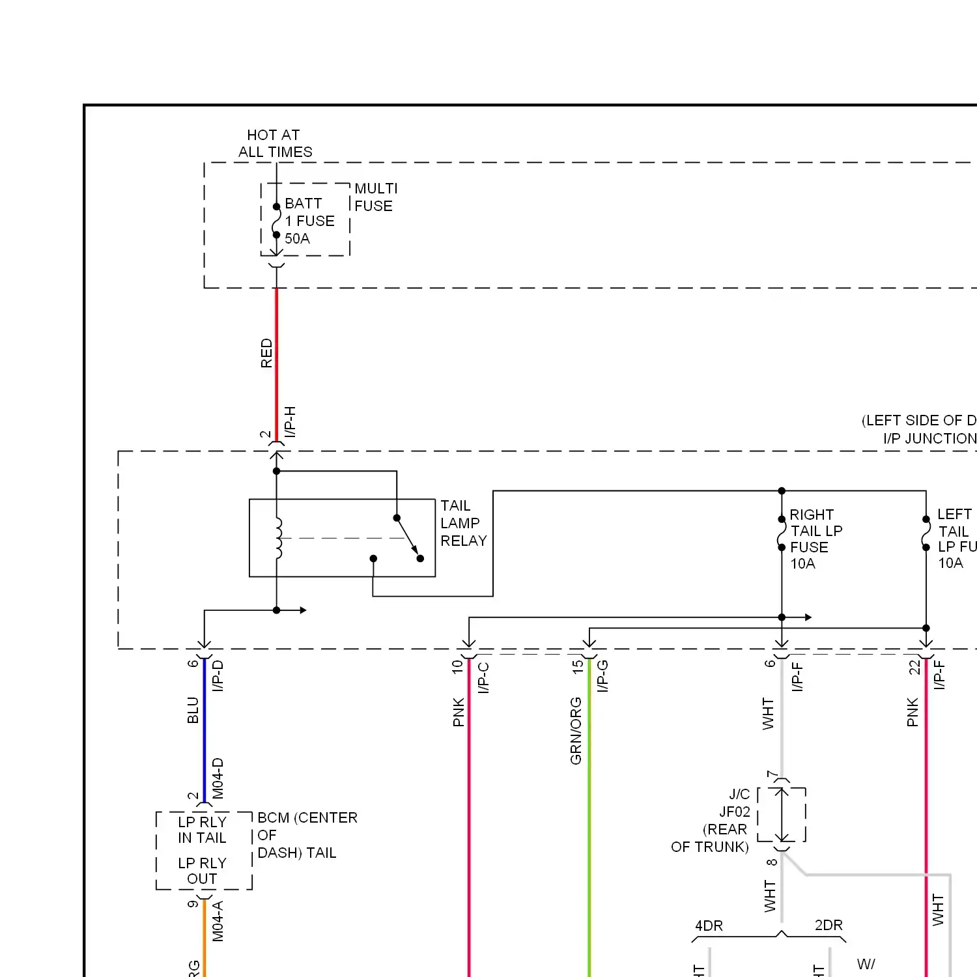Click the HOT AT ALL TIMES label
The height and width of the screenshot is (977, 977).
point(274,143)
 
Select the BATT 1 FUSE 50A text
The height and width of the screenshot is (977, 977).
point(309,221)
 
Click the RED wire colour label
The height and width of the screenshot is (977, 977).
point(266,353)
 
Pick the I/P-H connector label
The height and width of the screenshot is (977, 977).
point(290,421)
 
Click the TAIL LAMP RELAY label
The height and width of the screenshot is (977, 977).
point(463,523)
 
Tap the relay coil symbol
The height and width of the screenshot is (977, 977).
point(279,538)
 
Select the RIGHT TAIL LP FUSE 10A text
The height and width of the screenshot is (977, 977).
point(815,539)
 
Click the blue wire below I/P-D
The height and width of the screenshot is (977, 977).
point(205,729)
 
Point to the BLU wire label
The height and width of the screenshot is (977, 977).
point(193,710)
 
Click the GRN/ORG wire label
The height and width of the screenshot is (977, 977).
point(576,731)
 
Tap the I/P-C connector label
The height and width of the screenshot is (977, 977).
point(483,677)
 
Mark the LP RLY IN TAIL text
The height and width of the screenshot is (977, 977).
point(202,830)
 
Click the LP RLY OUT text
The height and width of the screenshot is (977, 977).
point(202,871)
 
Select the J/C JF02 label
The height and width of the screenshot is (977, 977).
point(736,803)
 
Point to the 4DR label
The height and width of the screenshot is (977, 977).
point(709,926)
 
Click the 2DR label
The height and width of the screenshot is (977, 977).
point(828,925)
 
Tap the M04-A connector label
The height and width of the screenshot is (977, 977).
point(218,921)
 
